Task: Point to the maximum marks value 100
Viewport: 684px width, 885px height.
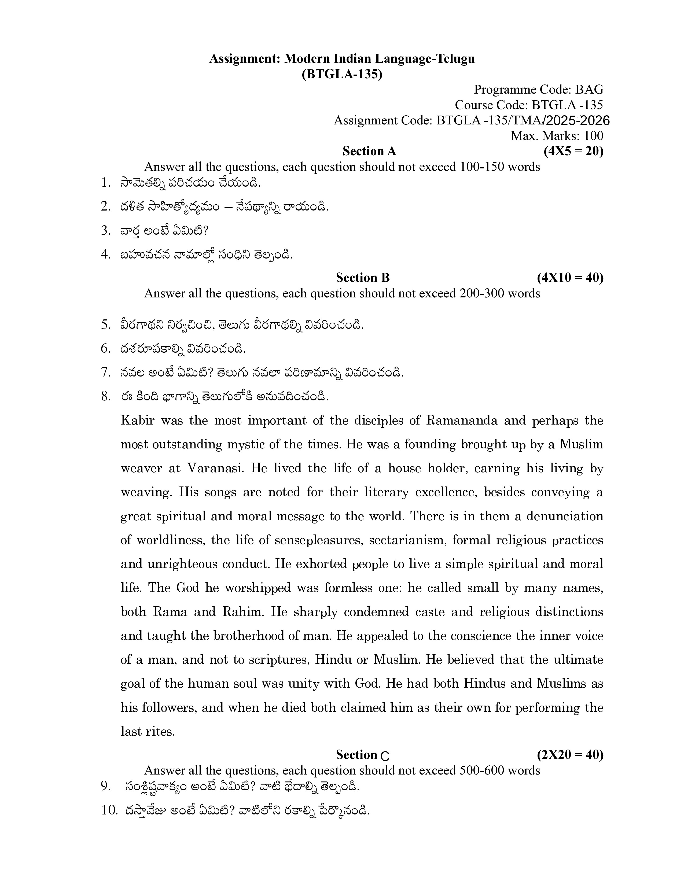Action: coord(594,136)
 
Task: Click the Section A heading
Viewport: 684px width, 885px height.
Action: coord(369,151)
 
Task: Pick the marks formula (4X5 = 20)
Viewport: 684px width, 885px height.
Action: coord(573,151)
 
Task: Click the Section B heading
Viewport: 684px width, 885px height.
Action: coord(363,278)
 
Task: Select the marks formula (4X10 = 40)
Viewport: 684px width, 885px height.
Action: coord(570,278)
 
